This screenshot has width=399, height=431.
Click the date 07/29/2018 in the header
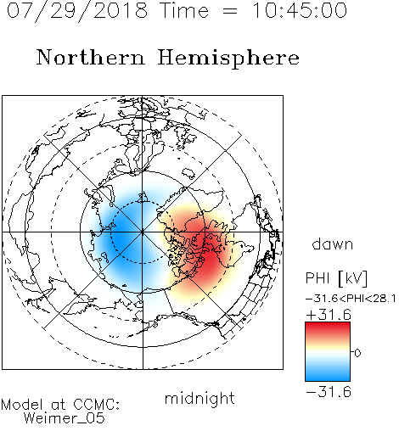(x=77, y=11)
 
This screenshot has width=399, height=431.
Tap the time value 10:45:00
(x=299, y=11)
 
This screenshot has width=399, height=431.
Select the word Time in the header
(x=184, y=11)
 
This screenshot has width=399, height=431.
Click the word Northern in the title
(x=91, y=58)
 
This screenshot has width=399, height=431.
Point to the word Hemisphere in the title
(x=228, y=59)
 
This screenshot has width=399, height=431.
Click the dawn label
(x=333, y=243)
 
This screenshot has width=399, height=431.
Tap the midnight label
(x=199, y=398)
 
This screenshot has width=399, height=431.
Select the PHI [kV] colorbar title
(x=336, y=278)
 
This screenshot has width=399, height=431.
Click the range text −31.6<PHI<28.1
(x=351, y=299)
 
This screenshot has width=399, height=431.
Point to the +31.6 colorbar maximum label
(x=329, y=315)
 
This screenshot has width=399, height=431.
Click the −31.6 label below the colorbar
(x=329, y=392)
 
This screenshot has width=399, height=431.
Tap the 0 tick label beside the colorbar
(x=357, y=353)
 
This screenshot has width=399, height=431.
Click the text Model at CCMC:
(x=60, y=405)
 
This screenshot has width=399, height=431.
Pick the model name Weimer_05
(x=65, y=418)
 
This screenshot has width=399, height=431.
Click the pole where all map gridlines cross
(x=143, y=232)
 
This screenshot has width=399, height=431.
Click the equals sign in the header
(x=230, y=12)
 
